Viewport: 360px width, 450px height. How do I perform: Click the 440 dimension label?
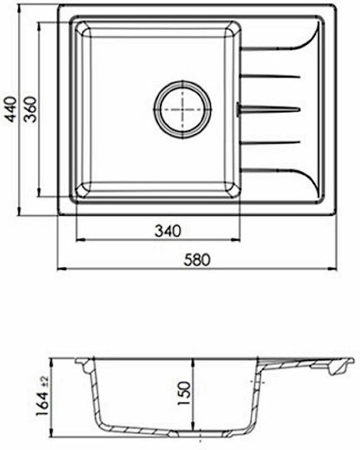12,109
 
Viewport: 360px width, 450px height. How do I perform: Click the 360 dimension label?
31,109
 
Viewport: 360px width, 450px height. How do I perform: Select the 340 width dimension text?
168,231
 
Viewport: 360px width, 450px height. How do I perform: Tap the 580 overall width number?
197,260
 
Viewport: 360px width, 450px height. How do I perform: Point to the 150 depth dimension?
184,392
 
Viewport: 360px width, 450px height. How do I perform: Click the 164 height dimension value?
42,405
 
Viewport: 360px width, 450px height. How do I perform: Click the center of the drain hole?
182,109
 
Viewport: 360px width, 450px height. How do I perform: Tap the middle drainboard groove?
271,109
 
